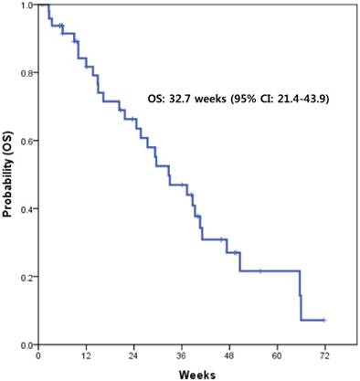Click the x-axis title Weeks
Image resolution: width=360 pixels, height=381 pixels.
[x=197, y=373]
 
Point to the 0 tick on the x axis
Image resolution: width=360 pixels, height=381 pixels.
[x=37, y=354]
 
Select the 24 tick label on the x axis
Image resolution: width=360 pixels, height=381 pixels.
[x=133, y=354]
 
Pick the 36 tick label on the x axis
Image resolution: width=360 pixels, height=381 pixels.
[x=181, y=354]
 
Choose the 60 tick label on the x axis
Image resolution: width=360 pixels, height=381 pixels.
[x=276, y=354]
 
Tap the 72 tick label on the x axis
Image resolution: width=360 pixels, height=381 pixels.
[x=324, y=354]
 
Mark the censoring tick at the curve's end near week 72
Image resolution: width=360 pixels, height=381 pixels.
[x=323, y=320]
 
